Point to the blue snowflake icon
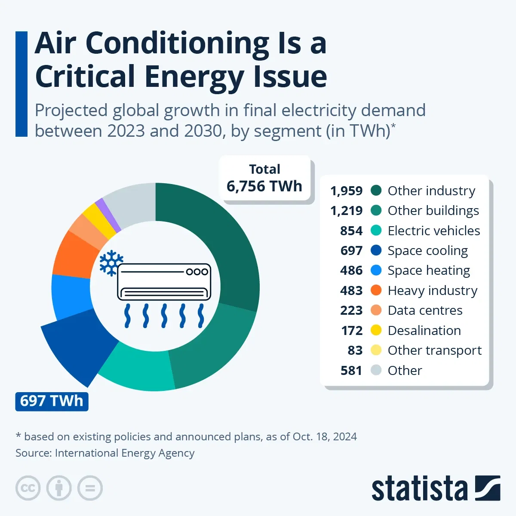[111, 263]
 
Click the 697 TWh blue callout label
[52, 401]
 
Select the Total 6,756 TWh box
[264, 178]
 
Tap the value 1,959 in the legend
[346, 190]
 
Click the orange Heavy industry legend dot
[376, 290]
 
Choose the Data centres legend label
[425, 310]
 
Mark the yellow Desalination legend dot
[376, 330]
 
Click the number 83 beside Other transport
[355, 350]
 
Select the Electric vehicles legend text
[433, 230]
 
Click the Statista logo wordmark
[419, 488]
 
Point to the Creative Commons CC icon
[28, 488]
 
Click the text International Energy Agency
[125, 453]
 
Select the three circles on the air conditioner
[197, 272]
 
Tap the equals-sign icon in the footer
[90, 488]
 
